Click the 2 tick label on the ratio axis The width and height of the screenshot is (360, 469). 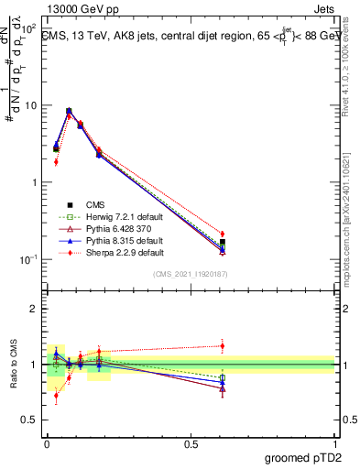(34, 309)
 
